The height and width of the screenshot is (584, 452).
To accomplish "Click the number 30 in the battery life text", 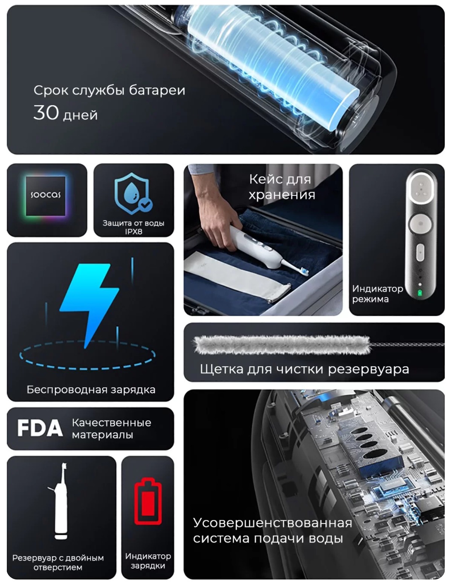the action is (46, 112).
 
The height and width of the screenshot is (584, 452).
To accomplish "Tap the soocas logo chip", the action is (46, 196).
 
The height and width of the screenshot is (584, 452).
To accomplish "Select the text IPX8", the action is (133, 232).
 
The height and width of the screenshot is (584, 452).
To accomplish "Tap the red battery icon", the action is (148, 501).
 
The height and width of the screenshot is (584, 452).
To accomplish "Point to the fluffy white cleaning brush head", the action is (282, 344).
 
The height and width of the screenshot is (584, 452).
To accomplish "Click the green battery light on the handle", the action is (420, 293).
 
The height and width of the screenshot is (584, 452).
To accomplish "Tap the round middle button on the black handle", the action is (421, 223).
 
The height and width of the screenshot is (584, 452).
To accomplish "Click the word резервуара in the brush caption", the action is (368, 369).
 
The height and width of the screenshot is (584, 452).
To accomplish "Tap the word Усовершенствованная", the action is (272, 523).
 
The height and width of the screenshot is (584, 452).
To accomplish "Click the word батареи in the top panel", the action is (157, 90).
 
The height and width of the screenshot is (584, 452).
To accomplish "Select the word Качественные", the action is (111, 423).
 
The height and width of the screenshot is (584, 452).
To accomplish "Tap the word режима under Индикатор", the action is (370, 299).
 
